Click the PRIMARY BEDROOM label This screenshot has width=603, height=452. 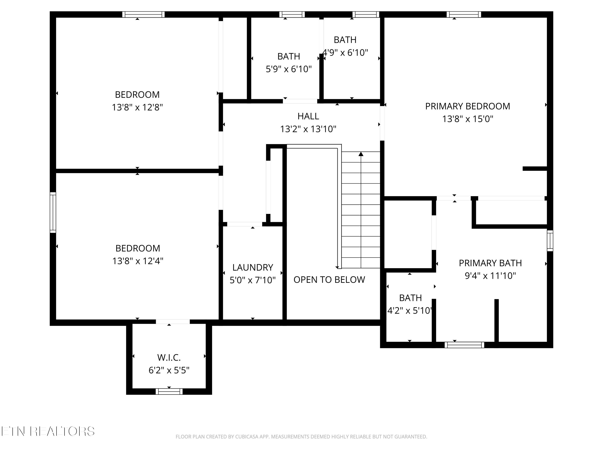468,106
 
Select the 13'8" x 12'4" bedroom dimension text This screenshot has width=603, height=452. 138,261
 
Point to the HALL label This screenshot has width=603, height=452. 308,116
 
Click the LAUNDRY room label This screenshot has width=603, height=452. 253,268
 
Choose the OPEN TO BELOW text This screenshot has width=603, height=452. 329,280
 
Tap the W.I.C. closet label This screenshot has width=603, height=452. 169,357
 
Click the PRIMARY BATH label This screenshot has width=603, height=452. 490,263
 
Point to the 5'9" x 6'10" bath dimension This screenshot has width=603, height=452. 289,69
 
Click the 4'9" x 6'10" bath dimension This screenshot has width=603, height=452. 345,53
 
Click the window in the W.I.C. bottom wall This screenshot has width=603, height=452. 169,392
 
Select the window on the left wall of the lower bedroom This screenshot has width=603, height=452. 53,213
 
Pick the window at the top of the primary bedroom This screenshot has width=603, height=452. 464,14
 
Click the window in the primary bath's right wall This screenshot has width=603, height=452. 550,241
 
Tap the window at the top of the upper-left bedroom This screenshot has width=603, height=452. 143,14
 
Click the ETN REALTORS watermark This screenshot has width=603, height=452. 48,431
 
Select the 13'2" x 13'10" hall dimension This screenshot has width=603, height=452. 308,129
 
